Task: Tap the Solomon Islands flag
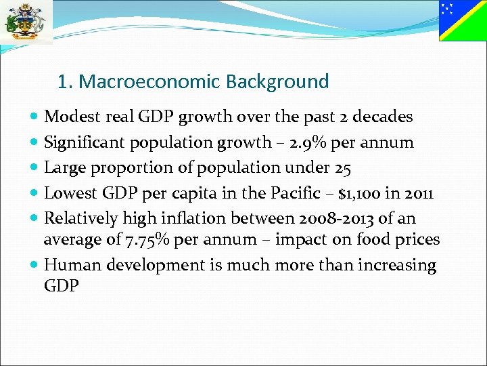462,20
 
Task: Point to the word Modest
72,117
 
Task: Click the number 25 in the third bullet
344,167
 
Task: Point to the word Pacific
293,193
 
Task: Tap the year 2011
418,193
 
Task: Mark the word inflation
204,218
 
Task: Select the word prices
415,239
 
